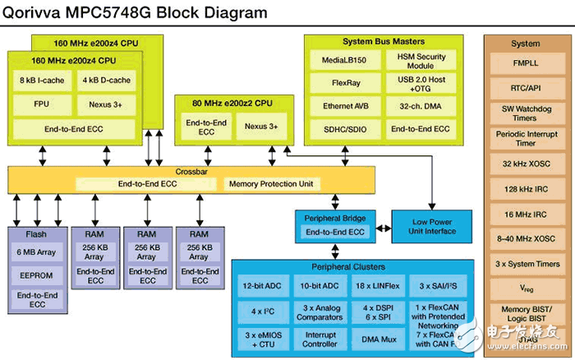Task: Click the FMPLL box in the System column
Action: pos(525,62)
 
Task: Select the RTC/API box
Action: pos(525,86)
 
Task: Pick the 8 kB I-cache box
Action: pos(42,81)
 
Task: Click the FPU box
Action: pos(42,105)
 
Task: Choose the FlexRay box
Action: pos(345,83)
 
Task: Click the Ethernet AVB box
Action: pos(345,106)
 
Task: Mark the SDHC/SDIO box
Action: pos(345,129)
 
